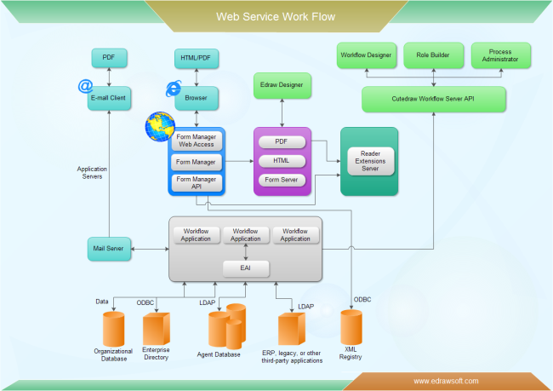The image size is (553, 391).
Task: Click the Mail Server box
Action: pyautogui.click(x=109, y=249)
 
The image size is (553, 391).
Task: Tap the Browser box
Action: pyautogui.click(x=197, y=99)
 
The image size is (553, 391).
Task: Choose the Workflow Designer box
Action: pyautogui.click(x=366, y=55)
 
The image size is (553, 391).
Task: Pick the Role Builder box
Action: pyautogui.click(x=432, y=55)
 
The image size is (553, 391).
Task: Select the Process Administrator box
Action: pyautogui.click(x=500, y=55)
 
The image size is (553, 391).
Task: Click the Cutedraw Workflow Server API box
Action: pyautogui.click(x=433, y=99)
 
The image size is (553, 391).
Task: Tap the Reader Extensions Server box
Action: pyautogui.click(x=370, y=160)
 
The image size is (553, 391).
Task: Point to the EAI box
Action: pyautogui.click(x=246, y=268)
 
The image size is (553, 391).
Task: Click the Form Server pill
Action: pyautogui.click(x=282, y=180)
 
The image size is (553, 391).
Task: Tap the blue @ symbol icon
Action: pyautogui.click(x=85, y=86)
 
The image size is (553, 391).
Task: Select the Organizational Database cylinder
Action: pyautogui.click(x=113, y=329)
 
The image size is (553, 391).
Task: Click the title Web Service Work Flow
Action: pyautogui.click(x=276, y=16)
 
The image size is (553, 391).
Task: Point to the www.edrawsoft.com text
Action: pyautogui.click(x=446, y=381)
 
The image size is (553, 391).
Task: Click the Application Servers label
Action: pyautogui.click(x=91, y=173)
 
